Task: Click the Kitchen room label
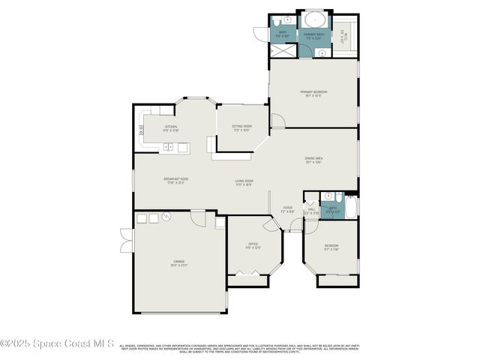click(171, 128)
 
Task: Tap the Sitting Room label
click(241, 128)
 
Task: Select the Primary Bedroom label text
click(316, 93)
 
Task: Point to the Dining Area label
click(313, 159)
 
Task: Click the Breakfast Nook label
click(175, 180)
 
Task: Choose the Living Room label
click(244, 182)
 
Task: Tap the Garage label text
click(178, 263)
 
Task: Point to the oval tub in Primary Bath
click(315, 19)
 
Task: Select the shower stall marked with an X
click(283, 49)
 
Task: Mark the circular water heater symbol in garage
click(167, 217)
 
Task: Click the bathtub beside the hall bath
click(350, 204)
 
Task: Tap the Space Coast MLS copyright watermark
click(58, 343)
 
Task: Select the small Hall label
click(311, 211)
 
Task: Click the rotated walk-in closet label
click(343, 34)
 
